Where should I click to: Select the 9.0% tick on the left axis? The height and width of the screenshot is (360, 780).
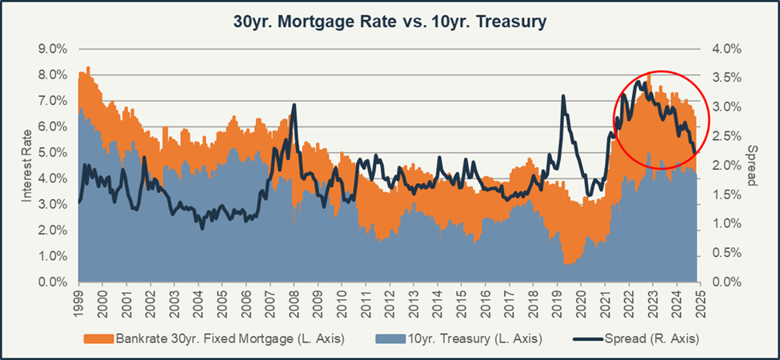pyautogui.click(x=53, y=49)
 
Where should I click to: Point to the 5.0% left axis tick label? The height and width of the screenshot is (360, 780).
pyautogui.click(x=53, y=153)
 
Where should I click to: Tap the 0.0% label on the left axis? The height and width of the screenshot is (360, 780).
pyautogui.click(x=53, y=282)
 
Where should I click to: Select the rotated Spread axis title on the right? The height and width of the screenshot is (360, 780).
pyautogui.click(x=752, y=165)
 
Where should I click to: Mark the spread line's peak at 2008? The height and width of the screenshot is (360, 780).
pyautogui.click(x=294, y=105)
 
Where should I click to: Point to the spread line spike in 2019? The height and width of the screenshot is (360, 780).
pyautogui.click(x=563, y=97)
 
